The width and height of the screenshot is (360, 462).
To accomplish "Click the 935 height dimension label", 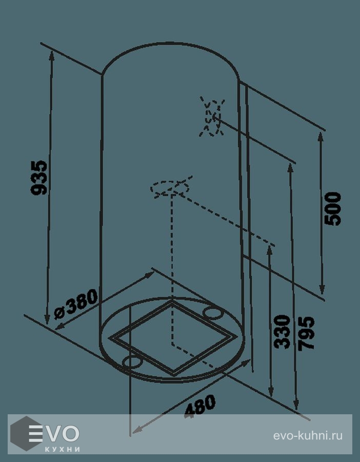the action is [x=39, y=178].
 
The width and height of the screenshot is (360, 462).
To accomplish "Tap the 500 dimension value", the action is [x=333, y=208].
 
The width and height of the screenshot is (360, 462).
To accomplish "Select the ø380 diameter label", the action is [x=76, y=304].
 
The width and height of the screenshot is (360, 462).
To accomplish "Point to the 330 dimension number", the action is [x=282, y=332].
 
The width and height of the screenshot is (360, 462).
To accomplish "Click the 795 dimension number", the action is [x=306, y=334].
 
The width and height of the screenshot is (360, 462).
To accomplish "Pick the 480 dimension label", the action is [x=200, y=407].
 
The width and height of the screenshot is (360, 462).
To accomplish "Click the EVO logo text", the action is [x=54, y=433].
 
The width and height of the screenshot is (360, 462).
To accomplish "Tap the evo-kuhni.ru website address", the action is [x=308, y=436].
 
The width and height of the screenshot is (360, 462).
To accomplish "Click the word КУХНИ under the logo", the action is [x=63, y=449].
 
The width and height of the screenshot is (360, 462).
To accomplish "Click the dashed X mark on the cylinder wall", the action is [x=212, y=117].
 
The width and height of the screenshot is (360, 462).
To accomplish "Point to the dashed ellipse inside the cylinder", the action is [x=169, y=187].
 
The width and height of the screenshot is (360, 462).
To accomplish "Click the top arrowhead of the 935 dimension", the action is [x=52, y=55].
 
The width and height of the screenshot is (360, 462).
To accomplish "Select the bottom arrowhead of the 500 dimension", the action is [x=322, y=290].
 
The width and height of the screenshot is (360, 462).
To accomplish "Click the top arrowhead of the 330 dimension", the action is [x=269, y=251].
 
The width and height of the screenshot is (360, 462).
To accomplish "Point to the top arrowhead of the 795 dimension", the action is [x=290, y=168].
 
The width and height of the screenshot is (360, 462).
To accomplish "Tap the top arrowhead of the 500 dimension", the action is [x=321, y=138].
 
